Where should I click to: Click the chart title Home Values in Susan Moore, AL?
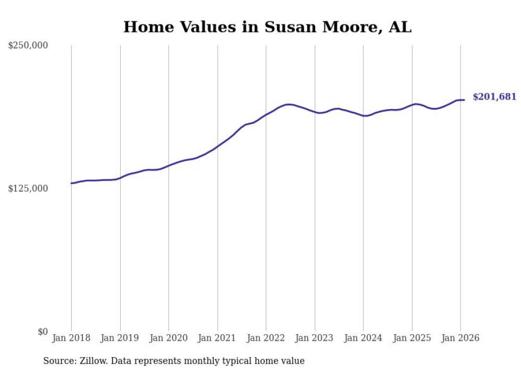coord(267,27)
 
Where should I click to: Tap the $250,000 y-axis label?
coord(28,45)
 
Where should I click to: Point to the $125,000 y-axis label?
coord(28,188)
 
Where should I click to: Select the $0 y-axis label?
coord(43,332)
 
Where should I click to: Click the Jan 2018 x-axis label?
coord(71,338)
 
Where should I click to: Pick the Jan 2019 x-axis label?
coord(120,338)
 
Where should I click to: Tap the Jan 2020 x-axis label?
coord(169,338)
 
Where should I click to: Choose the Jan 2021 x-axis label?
coord(217,338)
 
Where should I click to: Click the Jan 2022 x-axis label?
coord(266,338)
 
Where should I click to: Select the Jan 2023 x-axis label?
coord(315,338)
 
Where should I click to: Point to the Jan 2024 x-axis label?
coord(363,338)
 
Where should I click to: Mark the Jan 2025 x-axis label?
coord(412,338)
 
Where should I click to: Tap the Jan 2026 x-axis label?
coord(460,338)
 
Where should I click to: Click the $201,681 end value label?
coord(494,97)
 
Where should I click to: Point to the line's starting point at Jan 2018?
coord(71,183)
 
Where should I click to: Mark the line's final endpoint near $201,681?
coord(464,100)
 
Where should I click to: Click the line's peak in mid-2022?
coord(289,104)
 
